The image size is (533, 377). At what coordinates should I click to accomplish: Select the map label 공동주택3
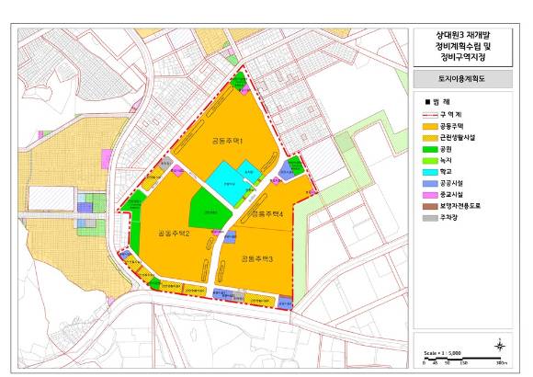(x=256, y=259)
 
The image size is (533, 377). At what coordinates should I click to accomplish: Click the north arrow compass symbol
(x=498, y=345)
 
